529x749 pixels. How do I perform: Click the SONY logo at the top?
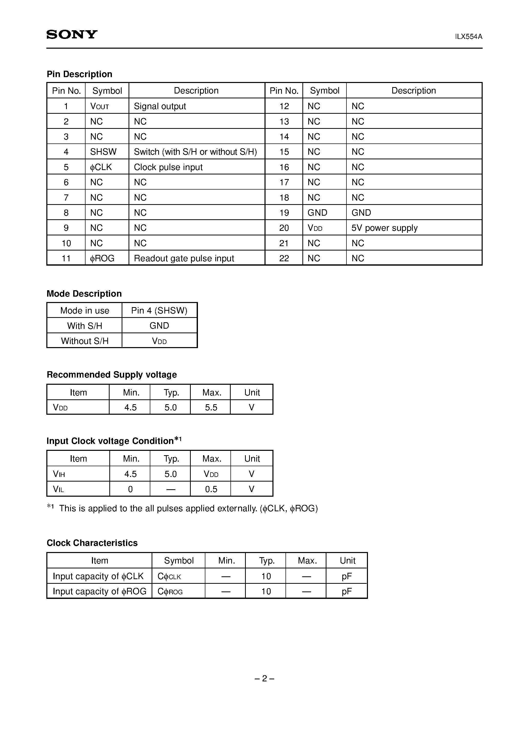pos(72,35)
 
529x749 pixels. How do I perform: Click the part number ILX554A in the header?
pos(468,37)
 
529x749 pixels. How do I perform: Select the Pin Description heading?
pos(79,74)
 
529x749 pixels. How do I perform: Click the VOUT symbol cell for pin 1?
pos(99,106)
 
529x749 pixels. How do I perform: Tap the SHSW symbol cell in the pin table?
pos(103,152)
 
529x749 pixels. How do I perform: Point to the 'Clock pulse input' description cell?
pos(168,167)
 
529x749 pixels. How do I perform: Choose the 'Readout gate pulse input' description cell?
pos(184,258)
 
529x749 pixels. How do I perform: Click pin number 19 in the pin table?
pos(284,213)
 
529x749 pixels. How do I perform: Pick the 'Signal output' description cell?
pos(160,106)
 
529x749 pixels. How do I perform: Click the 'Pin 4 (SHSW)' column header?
pos(159,310)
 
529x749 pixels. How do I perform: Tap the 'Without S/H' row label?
pos(84,341)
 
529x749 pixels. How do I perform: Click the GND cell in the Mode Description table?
pos(159,326)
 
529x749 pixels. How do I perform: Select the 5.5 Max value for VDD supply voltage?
pos(211,408)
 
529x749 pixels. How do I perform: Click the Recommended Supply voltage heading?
pos(112,375)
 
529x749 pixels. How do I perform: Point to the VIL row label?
pos(58,489)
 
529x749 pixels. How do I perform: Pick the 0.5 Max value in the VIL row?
pos(211,489)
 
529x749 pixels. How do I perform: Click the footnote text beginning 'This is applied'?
pos(188,508)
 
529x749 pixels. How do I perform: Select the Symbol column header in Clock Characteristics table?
pos(179,560)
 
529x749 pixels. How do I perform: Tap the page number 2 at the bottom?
pos(264,679)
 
